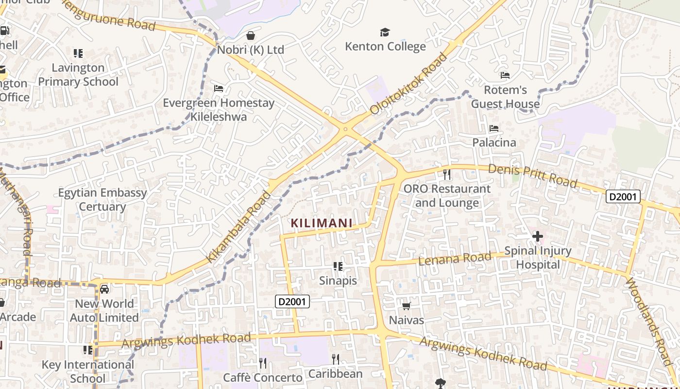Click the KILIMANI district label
(x=321, y=223)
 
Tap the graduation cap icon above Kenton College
(x=385, y=33)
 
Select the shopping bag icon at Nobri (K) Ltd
(x=251, y=35)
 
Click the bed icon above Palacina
(x=494, y=128)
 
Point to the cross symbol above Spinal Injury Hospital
(x=537, y=237)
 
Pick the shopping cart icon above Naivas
(x=406, y=306)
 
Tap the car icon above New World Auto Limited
(x=104, y=289)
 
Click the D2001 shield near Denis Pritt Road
(x=623, y=196)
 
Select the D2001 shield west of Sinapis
(x=292, y=301)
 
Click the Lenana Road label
(x=455, y=259)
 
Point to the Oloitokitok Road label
(x=408, y=84)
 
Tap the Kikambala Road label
(x=238, y=227)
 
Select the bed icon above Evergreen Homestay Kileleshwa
(x=219, y=88)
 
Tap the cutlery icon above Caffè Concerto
(x=262, y=363)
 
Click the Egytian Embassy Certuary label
(x=102, y=199)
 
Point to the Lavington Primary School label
(x=78, y=74)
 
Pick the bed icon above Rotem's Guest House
(x=505, y=75)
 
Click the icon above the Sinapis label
(x=338, y=266)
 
